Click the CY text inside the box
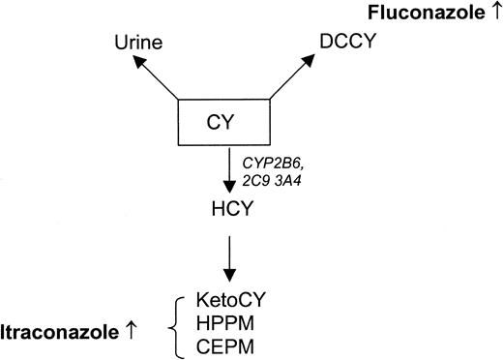tap(222, 124)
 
